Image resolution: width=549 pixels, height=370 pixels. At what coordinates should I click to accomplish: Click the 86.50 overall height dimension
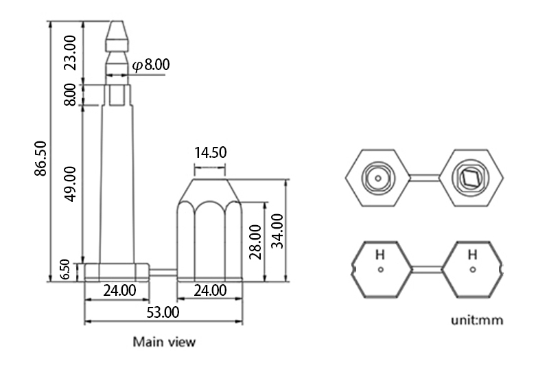[40, 162]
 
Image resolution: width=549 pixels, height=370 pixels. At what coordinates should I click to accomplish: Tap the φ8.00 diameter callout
[150, 65]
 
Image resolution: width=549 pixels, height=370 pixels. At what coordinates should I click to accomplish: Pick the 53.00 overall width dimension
[163, 312]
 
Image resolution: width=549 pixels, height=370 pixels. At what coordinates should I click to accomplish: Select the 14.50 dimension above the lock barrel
[210, 152]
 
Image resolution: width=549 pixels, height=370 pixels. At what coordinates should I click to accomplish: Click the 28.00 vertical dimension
[255, 242]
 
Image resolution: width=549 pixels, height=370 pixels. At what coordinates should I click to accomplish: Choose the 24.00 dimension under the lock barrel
[210, 290]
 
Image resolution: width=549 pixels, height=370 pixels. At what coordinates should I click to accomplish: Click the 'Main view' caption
[164, 341]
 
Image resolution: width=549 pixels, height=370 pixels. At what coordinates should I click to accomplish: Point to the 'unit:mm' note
[476, 320]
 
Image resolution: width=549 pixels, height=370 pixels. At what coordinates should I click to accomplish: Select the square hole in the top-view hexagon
[471, 179]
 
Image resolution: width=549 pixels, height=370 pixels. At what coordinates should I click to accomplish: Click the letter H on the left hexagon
[379, 255]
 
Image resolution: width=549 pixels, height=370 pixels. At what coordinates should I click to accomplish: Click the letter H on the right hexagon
[472, 255]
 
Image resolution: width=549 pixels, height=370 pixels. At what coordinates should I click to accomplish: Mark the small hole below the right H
[472, 269]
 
